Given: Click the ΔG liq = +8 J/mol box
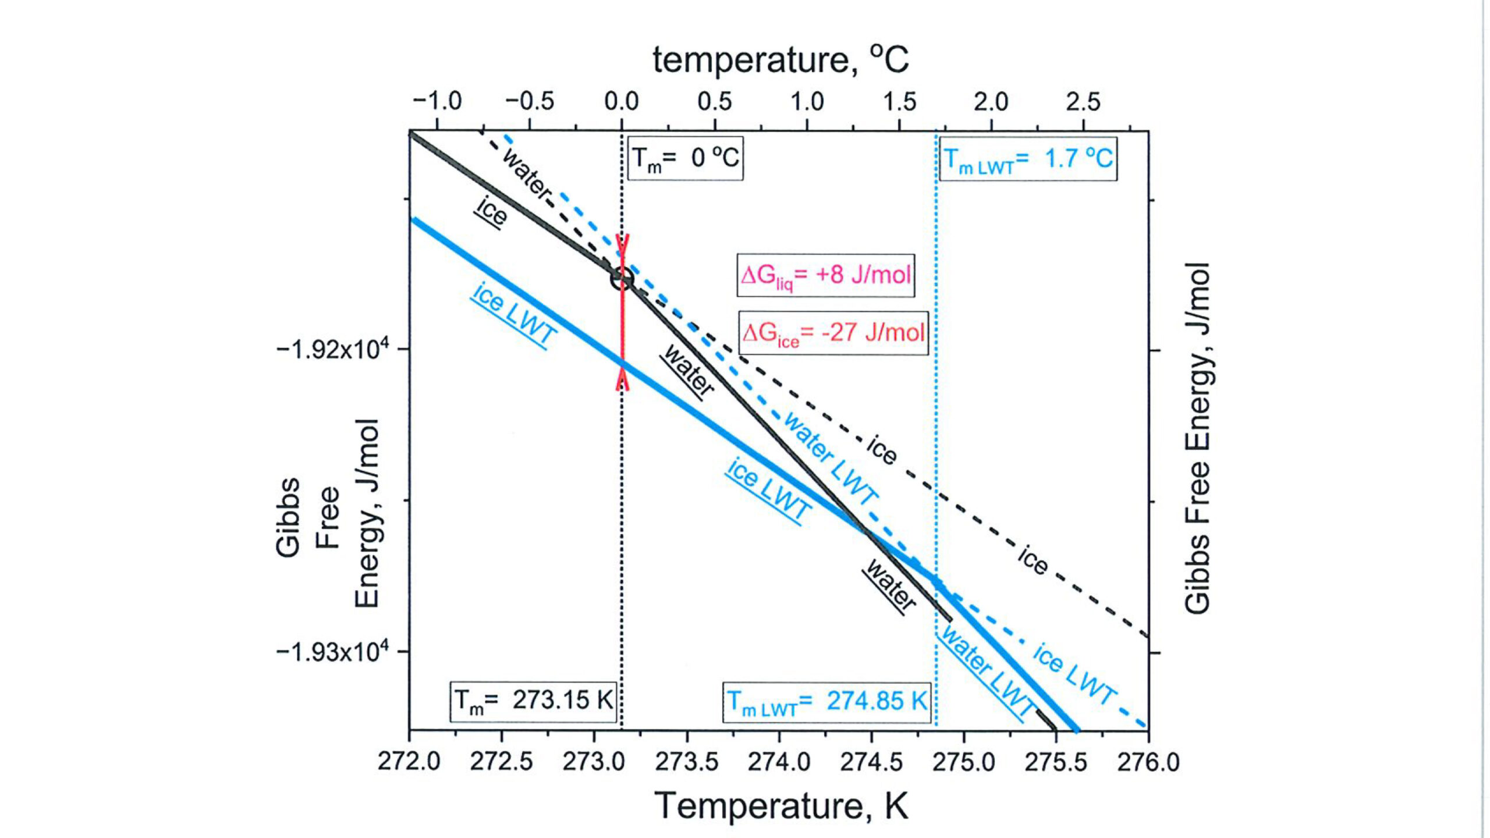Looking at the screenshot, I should click(x=825, y=275).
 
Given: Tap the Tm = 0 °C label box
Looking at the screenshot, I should click(x=685, y=158).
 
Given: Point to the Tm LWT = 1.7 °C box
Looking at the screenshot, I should click(x=1028, y=159).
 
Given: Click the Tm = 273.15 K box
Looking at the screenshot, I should click(x=533, y=701).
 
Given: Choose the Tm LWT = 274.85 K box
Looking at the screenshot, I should click(x=826, y=702).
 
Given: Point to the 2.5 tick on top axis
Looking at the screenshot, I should click(x=1083, y=102).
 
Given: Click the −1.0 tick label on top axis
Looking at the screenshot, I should click(x=437, y=102).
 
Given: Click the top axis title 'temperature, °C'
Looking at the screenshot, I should click(x=780, y=59).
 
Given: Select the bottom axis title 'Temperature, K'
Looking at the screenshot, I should click(x=781, y=807).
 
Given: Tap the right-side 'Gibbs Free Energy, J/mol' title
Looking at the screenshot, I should click(x=1198, y=438).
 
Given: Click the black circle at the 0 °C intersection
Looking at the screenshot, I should click(x=622, y=278).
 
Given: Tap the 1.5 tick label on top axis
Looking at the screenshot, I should click(x=899, y=102).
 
